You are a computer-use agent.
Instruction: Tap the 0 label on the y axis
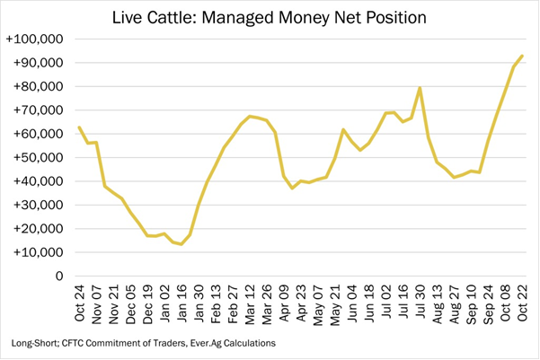(59, 277)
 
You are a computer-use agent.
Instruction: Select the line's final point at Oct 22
(522, 57)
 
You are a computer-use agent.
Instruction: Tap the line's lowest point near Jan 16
(181, 244)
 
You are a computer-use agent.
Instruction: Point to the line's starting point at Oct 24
(79, 127)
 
